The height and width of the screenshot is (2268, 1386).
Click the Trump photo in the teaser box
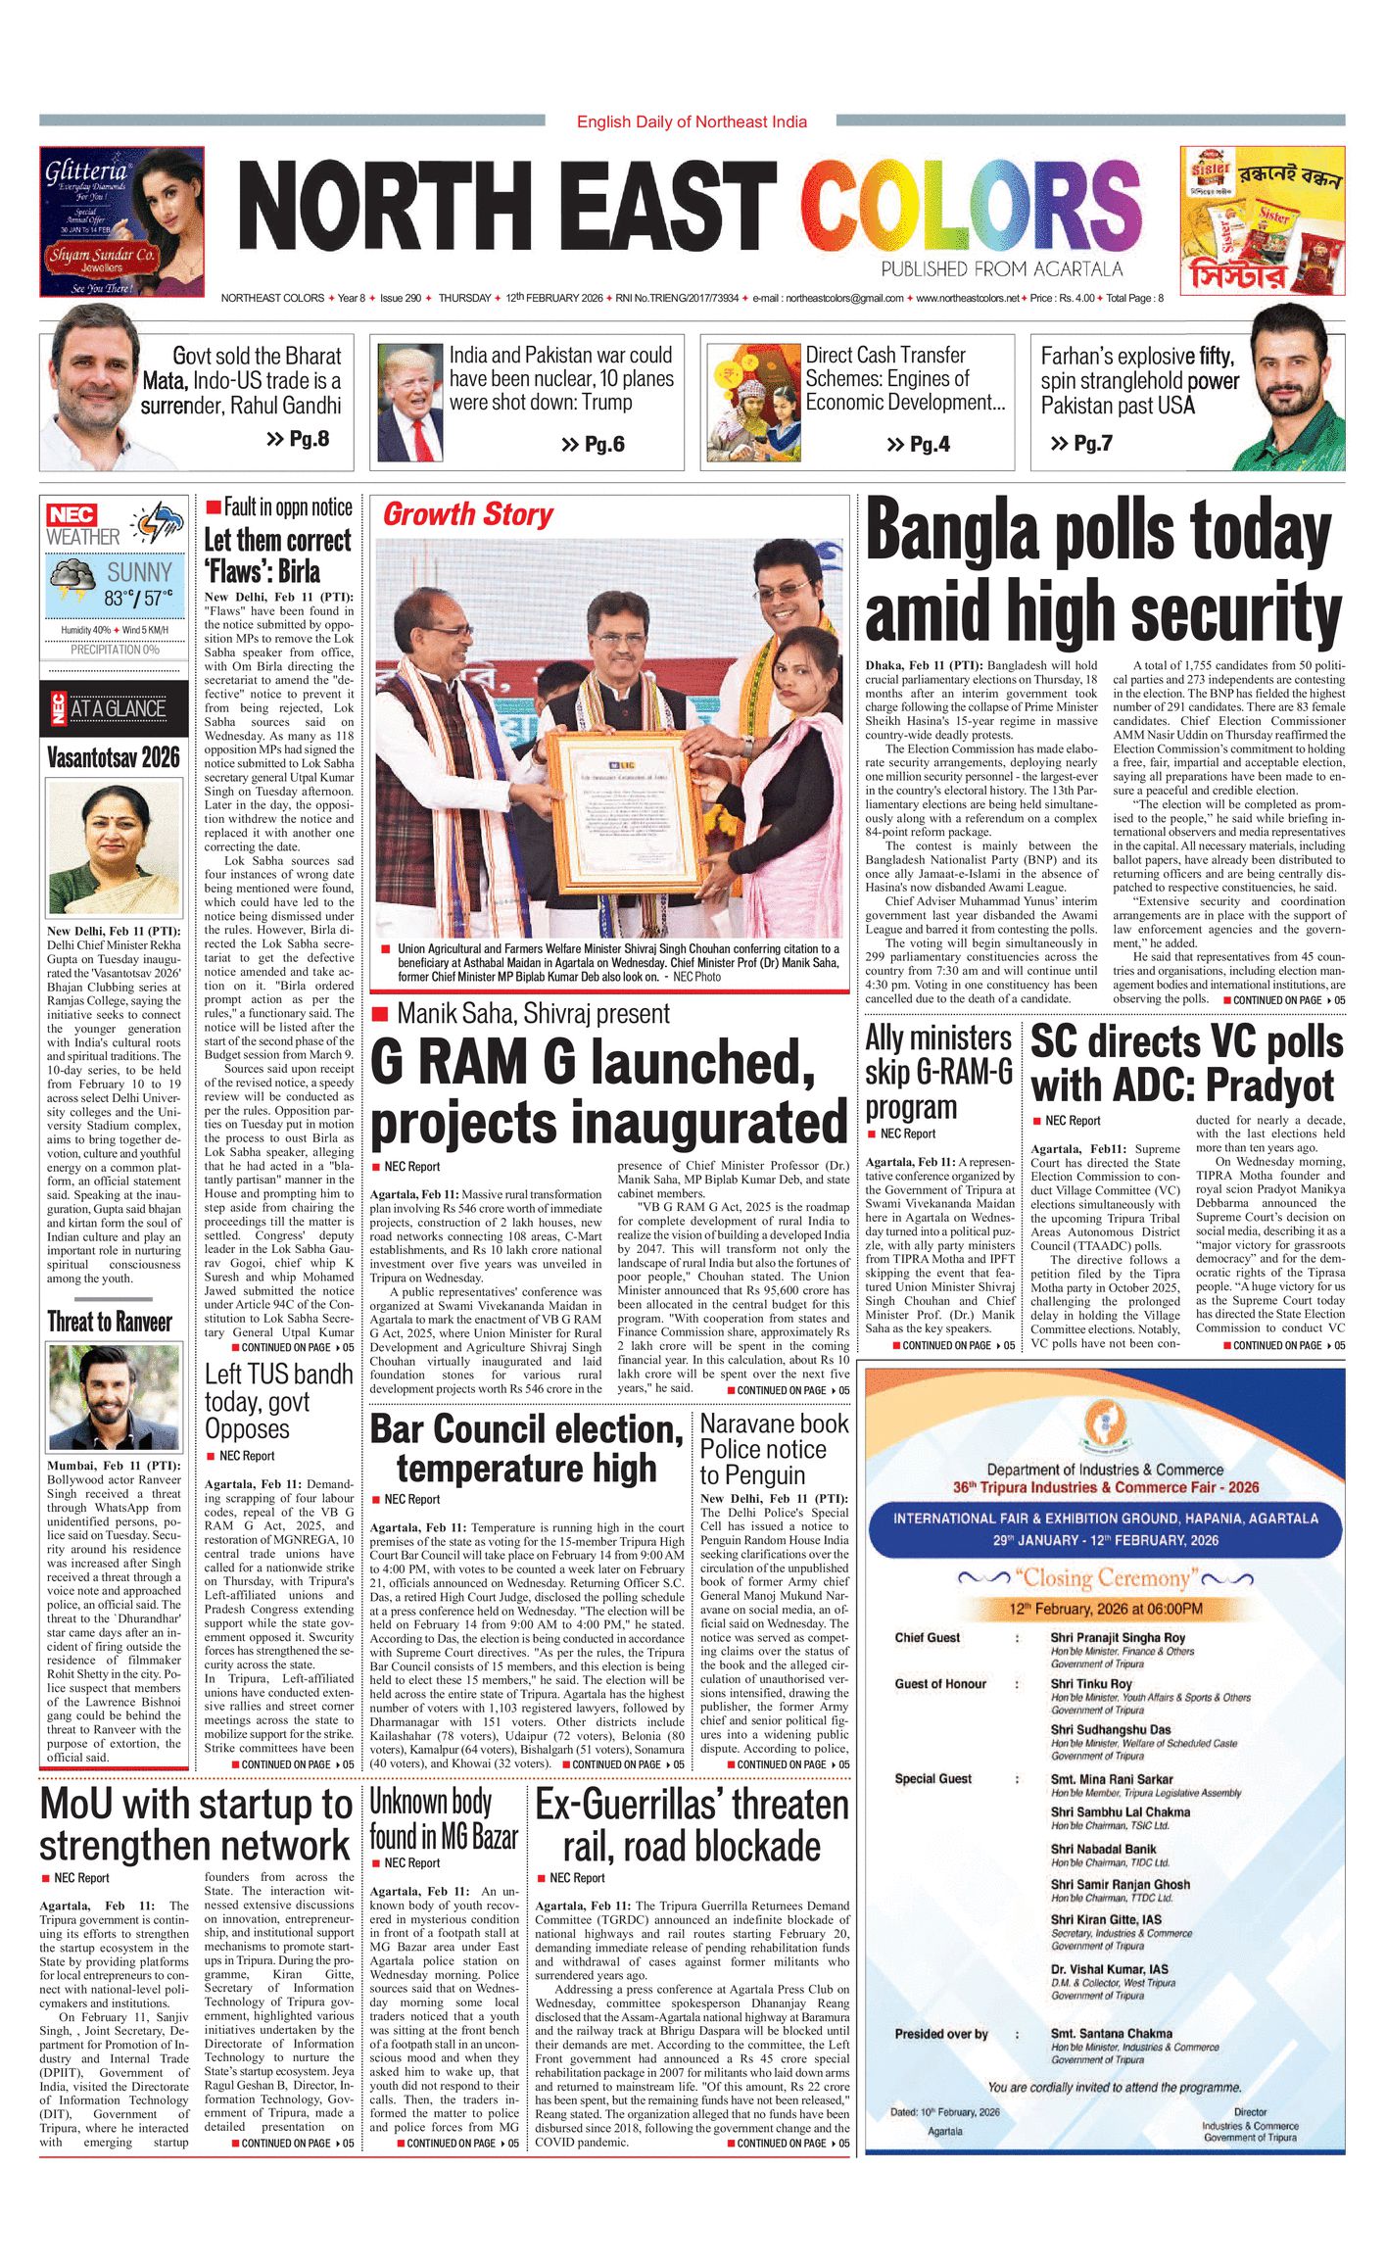(409, 403)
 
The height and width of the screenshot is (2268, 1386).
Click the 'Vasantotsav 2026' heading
(114, 756)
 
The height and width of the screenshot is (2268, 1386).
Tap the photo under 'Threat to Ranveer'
(114, 1397)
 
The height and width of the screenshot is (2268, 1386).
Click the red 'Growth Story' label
(468, 514)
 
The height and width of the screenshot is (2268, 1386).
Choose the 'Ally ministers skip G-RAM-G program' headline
(938, 1072)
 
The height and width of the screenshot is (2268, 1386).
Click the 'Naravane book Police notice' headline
(774, 1449)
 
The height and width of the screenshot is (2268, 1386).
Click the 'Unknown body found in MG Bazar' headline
(444, 1818)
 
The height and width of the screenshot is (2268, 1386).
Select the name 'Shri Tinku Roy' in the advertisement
(1091, 1683)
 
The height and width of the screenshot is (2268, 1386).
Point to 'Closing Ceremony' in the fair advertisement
(1105, 1577)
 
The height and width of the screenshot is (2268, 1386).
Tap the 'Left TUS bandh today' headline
(278, 1401)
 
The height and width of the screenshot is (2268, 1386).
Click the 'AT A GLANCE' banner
(118, 708)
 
